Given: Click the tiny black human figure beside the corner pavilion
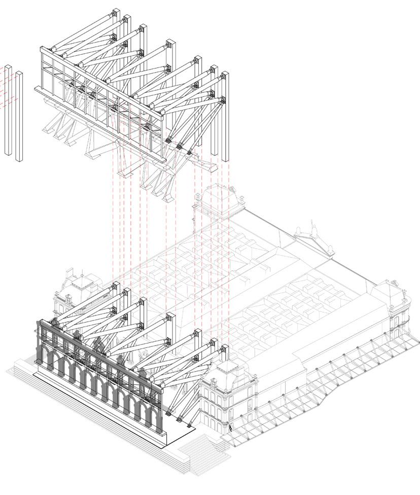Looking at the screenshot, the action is pos(230,428).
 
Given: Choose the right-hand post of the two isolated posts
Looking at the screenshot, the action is pos(19,117).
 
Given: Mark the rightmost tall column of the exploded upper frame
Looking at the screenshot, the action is pos(225,117).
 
